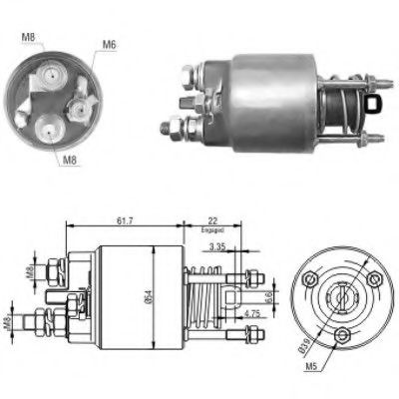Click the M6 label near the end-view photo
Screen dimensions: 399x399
click(108, 44)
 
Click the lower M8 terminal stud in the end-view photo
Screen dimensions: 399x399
click(50, 126)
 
